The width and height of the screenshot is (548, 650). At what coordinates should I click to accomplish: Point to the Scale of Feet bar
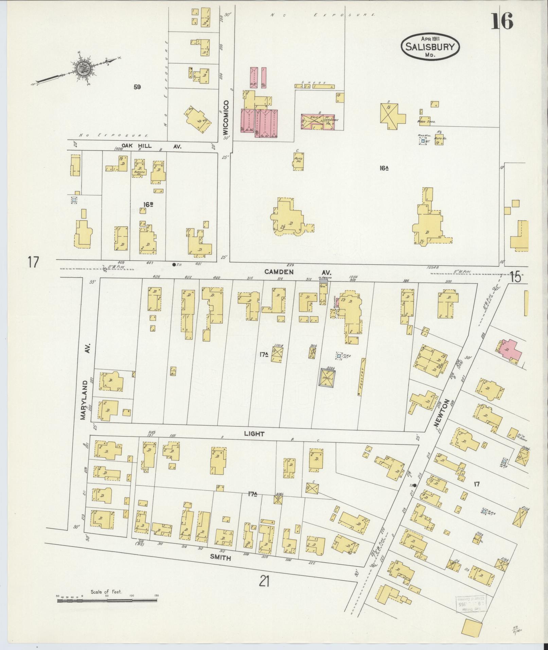click(x=107, y=363)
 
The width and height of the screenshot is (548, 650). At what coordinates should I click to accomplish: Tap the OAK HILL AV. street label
click(x=149, y=146)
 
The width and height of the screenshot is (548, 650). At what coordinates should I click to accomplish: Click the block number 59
click(x=137, y=87)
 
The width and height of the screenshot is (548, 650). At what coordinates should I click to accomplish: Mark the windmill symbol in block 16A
click(x=423, y=141)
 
